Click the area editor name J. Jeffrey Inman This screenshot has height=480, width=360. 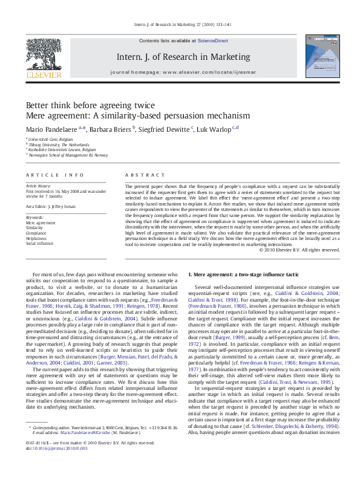coord(68,206)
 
